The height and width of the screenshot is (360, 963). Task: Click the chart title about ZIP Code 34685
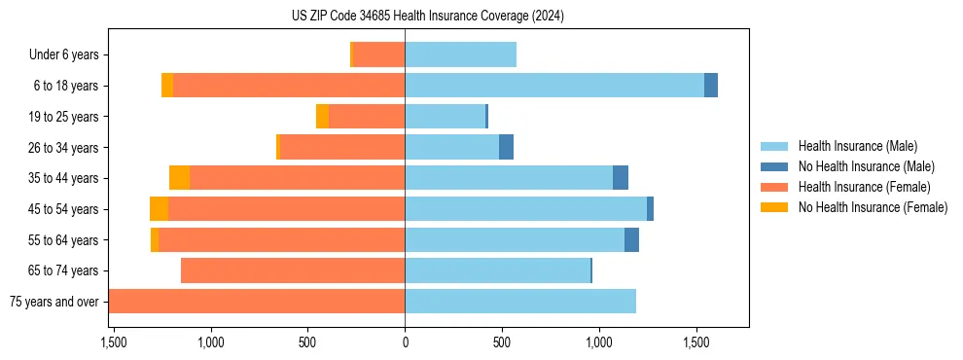coord(428,16)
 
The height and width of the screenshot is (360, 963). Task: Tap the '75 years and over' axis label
coord(53,302)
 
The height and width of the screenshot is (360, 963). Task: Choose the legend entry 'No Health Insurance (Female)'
coord(873,207)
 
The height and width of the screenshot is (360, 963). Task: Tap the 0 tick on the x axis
coord(405,342)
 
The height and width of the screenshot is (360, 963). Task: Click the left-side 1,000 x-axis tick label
coord(211,342)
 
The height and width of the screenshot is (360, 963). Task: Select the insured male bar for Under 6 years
coord(460,54)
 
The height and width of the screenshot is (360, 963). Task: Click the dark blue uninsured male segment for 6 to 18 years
coord(711,86)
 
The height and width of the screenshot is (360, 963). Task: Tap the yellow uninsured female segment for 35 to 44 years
coord(179,178)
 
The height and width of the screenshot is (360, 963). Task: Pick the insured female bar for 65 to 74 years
coord(293,270)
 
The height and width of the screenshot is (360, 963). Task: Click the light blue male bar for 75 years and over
coord(520,302)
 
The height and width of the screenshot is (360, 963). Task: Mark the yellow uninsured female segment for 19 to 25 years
coord(322,117)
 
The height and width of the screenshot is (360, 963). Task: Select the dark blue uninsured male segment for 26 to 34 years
coord(506,147)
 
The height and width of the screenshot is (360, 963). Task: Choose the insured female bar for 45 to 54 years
coord(286,209)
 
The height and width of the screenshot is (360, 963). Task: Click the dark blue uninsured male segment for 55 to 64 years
coord(631,239)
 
